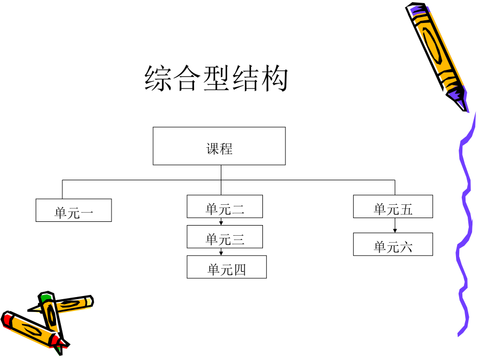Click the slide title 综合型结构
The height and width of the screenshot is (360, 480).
(216, 78)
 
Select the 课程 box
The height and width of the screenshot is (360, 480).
(219, 146)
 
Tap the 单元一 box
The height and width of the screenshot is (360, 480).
(74, 210)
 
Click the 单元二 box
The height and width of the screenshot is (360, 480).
(225, 206)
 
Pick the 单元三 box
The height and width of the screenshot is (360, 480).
(225, 237)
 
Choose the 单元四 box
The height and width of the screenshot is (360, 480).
(227, 267)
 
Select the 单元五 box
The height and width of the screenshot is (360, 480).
(393, 206)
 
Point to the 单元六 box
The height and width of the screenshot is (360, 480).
(393, 244)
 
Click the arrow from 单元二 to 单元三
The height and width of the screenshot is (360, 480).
(221, 222)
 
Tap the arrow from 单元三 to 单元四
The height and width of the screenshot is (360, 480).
(221, 252)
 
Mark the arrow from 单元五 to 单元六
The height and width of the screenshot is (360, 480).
(395, 225)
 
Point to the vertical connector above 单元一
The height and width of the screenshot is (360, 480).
(62, 189)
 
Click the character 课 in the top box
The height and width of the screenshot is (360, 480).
(212, 149)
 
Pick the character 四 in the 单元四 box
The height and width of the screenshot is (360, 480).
(239, 270)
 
